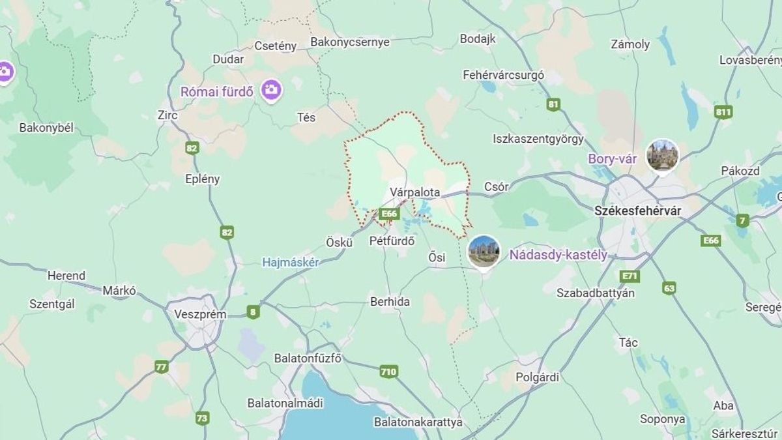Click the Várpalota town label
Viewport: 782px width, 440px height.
pyautogui.click(x=415, y=192)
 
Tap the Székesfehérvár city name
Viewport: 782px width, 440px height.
pyautogui.click(x=628, y=211)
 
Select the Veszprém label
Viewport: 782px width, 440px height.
pyautogui.click(x=200, y=314)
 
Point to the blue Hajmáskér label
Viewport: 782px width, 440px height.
pyautogui.click(x=290, y=263)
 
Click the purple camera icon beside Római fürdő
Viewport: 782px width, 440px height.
pyautogui.click(x=271, y=90)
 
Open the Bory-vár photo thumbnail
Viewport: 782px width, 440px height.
pyautogui.click(x=662, y=155)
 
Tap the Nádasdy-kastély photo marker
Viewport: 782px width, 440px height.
pyautogui.click(x=484, y=252)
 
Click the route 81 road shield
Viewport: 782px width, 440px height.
pyautogui.click(x=554, y=104)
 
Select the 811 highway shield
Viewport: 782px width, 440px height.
pyautogui.click(x=723, y=111)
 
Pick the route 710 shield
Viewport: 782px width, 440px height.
pyautogui.click(x=388, y=372)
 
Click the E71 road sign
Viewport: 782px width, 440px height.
pyautogui.click(x=630, y=276)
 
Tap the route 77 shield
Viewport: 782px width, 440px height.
pyautogui.click(x=162, y=366)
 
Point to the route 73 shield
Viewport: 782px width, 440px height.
pyautogui.click(x=202, y=418)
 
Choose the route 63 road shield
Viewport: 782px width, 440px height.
pyautogui.click(x=669, y=287)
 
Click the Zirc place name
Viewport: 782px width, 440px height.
pyautogui.click(x=167, y=115)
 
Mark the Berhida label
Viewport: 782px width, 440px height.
pyautogui.click(x=390, y=301)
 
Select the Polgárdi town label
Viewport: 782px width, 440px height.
pyautogui.click(x=537, y=377)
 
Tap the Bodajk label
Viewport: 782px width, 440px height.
pyautogui.click(x=478, y=38)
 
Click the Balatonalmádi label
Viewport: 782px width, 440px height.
pyautogui.click(x=285, y=403)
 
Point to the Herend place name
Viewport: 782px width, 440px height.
pyautogui.click(x=66, y=276)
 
